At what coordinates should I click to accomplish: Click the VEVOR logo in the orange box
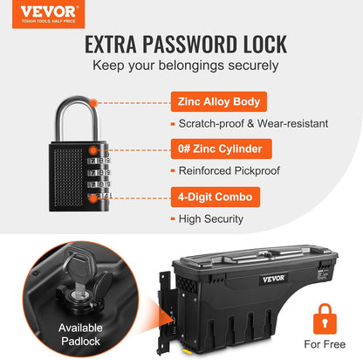pyautogui.click(x=48, y=14)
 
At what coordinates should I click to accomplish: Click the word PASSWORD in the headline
pyautogui.click(x=188, y=45)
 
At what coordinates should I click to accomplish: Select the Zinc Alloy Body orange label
pyautogui.click(x=219, y=101)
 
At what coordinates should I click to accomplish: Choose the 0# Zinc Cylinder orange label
pyautogui.click(x=222, y=149)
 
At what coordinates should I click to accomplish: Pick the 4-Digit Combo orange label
pyautogui.click(x=216, y=197)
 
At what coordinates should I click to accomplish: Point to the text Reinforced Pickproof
pyautogui.click(x=229, y=170)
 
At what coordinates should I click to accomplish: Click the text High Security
pyautogui.click(x=211, y=218)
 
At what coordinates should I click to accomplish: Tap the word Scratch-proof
pyautogui.click(x=211, y=123)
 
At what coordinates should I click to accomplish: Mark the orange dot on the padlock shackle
pyautogui.click(x=93, y=103)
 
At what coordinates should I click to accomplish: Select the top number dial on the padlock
pyautogui.click(x=99, y=161)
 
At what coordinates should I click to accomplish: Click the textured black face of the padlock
pyautogui.click(x=68, y=177)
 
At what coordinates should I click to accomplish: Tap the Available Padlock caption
pyautogui.click(x=80, y=335)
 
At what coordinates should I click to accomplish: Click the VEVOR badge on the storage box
pyautogui.click(x=273, y=279)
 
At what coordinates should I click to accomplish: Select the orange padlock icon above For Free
pyautogui.click(x=325, y=319)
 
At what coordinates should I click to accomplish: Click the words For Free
pyautogui.click(x=325, y=344)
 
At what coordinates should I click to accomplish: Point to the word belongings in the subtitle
pyautogui.click(x=191, y=66)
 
